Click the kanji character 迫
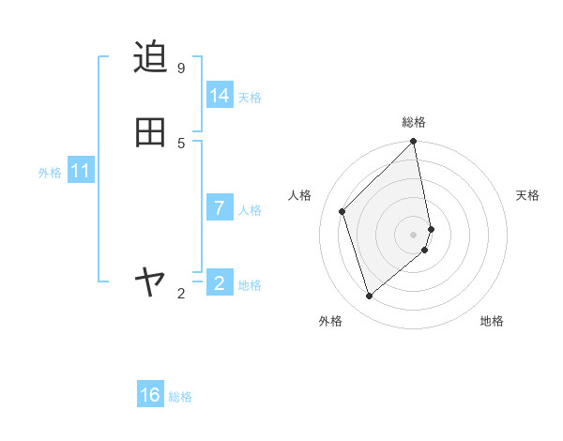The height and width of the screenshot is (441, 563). [150, 57]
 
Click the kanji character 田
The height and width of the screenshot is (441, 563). [150, 132]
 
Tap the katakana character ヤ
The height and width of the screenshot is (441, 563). [150, 281]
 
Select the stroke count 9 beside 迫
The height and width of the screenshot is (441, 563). [181, 68]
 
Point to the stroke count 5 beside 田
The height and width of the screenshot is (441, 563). [181, 144]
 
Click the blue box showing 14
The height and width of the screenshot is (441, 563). [220, 96]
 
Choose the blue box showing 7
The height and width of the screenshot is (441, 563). [220, 207]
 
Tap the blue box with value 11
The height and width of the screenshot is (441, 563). [81, 171]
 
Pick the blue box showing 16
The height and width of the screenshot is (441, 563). [150, 395]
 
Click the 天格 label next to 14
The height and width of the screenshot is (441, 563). [250, 98]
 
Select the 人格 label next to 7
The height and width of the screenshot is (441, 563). [250, 209]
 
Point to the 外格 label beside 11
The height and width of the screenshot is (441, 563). [50, 173]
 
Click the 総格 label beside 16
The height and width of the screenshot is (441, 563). [180, 397]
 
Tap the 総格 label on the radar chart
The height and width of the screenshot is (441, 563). [414, 122]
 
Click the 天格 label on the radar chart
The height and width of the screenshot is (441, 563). [527, 195]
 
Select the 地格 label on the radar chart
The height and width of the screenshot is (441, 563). [492, 321]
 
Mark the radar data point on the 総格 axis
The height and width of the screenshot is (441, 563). [414, 142]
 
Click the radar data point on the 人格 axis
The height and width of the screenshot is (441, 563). [342, 211]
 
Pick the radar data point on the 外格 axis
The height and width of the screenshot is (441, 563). [370, 297]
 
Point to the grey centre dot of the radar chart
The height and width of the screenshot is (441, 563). [414, 234]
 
